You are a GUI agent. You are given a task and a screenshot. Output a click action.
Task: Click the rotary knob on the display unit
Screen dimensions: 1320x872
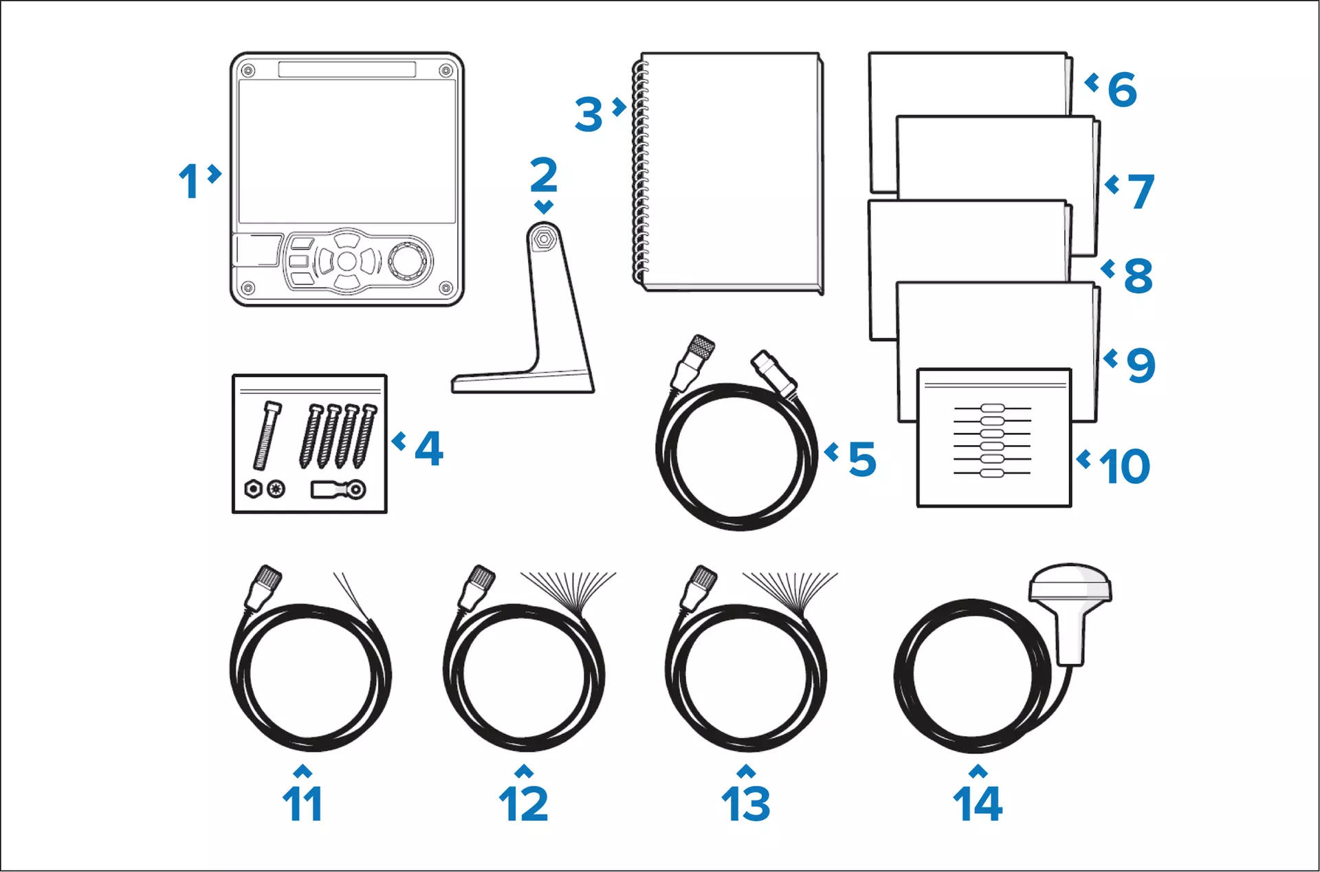pos(410,260)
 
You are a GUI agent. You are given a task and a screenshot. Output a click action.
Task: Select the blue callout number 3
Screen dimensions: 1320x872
pos(588,115)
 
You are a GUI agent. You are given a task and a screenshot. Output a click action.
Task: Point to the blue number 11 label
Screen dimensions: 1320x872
pos(302,803)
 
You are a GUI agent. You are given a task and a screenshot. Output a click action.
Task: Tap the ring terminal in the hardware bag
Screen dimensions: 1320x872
pos(338,489)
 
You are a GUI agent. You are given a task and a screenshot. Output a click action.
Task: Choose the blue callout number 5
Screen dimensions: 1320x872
pos(862,459)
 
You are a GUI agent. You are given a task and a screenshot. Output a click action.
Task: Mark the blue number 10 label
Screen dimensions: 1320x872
pos(1124,467)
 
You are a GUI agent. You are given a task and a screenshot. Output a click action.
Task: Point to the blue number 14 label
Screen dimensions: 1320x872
pos(978,803)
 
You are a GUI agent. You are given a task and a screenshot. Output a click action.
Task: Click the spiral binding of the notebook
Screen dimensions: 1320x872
pos(639,172)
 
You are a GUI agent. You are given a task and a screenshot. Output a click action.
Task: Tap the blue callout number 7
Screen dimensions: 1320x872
pos(1141,191)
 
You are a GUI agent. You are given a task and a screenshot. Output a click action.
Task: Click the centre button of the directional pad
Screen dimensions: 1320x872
pos(347,260)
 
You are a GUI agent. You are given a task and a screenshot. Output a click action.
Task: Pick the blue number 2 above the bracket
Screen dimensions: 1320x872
pos(544,175)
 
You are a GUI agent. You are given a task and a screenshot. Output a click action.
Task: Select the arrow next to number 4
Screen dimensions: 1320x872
pos(399,440)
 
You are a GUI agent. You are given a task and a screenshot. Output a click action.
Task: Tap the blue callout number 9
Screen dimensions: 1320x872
pos(1141,366)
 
